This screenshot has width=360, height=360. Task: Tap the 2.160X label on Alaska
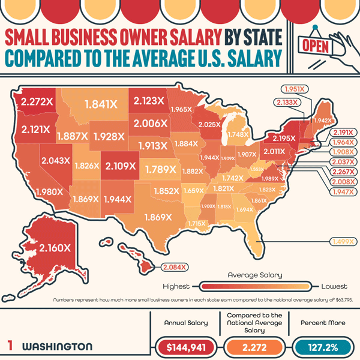[x=55, y=247]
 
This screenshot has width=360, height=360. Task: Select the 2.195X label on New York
[x=280, y=139]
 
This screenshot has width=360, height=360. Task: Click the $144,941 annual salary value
[x=186, y=346]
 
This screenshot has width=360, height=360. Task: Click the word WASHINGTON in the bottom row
[x=57, y=347]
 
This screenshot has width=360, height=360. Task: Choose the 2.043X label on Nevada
[x=57, y=161]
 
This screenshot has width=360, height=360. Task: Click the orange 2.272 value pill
[x=256, y=346]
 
